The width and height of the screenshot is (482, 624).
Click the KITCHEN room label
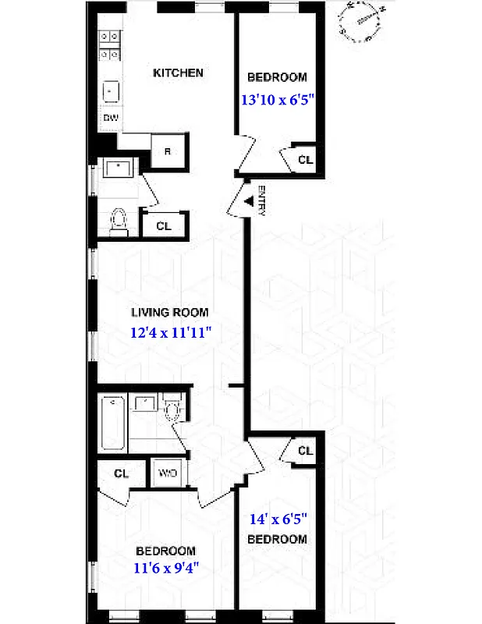178,73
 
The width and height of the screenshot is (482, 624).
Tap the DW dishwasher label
111,118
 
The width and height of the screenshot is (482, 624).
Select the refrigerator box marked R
167,151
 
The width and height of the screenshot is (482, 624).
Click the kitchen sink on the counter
111,90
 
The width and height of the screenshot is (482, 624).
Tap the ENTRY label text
262,200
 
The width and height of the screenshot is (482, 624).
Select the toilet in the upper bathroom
119,219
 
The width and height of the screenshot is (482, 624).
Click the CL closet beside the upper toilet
163,226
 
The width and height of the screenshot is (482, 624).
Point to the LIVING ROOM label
169,313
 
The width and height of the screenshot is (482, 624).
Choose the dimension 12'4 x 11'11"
171,332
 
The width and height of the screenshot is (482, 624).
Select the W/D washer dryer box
168,473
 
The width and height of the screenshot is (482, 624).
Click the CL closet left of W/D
121,473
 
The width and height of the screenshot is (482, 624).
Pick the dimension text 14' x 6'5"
278,518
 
